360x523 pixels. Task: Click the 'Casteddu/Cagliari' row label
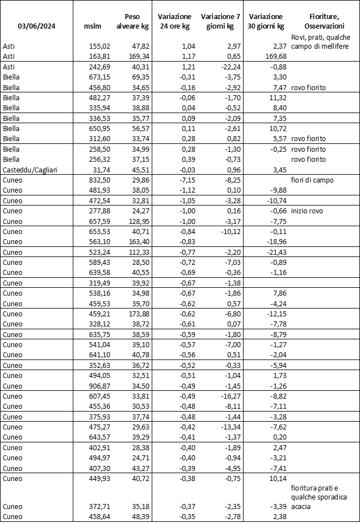[27, 169]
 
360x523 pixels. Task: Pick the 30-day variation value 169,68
[274, 56]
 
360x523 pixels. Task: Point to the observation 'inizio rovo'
[307, 211]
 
